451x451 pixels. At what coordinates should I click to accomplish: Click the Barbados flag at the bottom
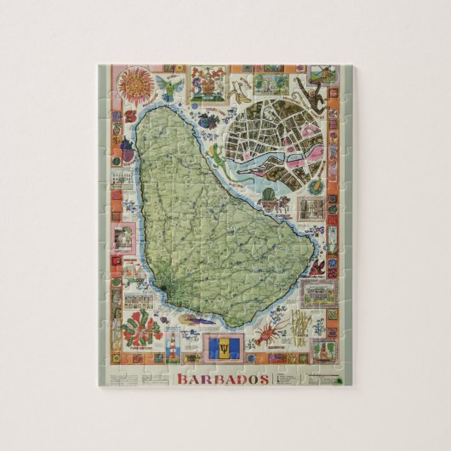click(218, 348)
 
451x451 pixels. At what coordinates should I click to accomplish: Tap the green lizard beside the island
click(216, 157)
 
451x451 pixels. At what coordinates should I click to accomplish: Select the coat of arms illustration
click(208, 85)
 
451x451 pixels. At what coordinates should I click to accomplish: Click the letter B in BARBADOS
click(184, 378)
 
